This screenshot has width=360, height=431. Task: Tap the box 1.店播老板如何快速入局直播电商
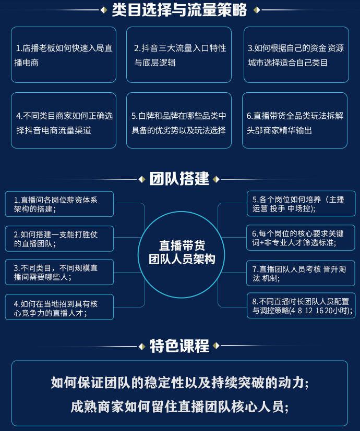tap(64, 55)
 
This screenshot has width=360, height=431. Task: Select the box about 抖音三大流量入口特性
tap(179, 55)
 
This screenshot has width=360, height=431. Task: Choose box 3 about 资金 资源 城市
tap(296, 55)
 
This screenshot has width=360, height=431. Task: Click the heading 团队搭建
tap(179, 179)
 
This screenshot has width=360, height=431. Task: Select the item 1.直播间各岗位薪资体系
tap(59, 204)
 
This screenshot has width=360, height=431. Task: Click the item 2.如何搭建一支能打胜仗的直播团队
tap(59, 239)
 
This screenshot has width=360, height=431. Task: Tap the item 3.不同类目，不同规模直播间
tap(59, 272)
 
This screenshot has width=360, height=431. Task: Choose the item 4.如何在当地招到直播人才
tap(59, 307)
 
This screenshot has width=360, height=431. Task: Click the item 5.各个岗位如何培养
tap(301, 204)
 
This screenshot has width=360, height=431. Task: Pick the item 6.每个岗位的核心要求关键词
tap(301, 238)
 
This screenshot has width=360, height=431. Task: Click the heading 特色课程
tap(179, 346)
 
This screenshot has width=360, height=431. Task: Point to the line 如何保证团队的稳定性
tap(179, 383)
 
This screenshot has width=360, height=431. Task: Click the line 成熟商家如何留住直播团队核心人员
tap(179, 406)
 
